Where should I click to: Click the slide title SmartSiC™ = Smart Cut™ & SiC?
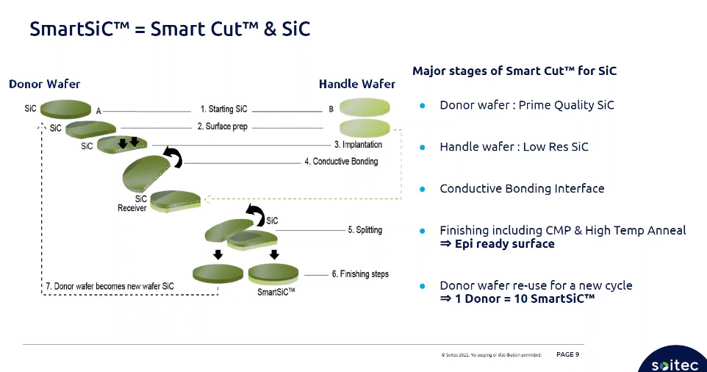170,29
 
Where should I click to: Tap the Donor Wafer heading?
45,84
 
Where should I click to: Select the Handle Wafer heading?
356,84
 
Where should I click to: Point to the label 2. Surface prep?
222,126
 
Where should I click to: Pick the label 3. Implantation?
358,144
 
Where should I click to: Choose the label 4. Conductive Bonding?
341,161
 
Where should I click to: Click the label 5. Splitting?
365,230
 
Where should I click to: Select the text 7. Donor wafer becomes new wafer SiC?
110,285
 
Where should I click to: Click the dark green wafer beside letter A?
65,110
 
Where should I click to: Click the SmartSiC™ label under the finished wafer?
276,290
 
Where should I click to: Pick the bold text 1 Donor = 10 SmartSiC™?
517,298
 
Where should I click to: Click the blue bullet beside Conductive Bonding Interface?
423,189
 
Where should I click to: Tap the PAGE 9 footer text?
567,354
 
